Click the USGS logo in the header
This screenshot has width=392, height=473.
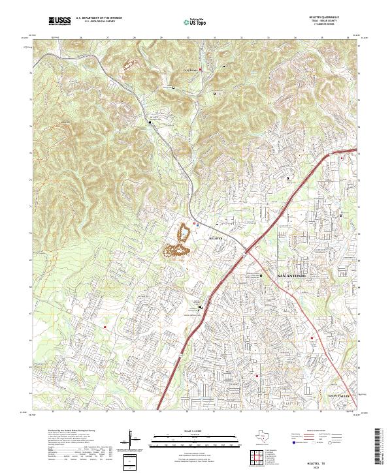tap(59, 21)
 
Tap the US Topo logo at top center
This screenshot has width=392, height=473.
tap(193, 22)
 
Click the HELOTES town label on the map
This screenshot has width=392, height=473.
tap(216, 239)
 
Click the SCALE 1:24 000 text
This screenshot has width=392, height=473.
tap(186, 431)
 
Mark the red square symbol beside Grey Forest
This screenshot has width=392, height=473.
tap(201, 70)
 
